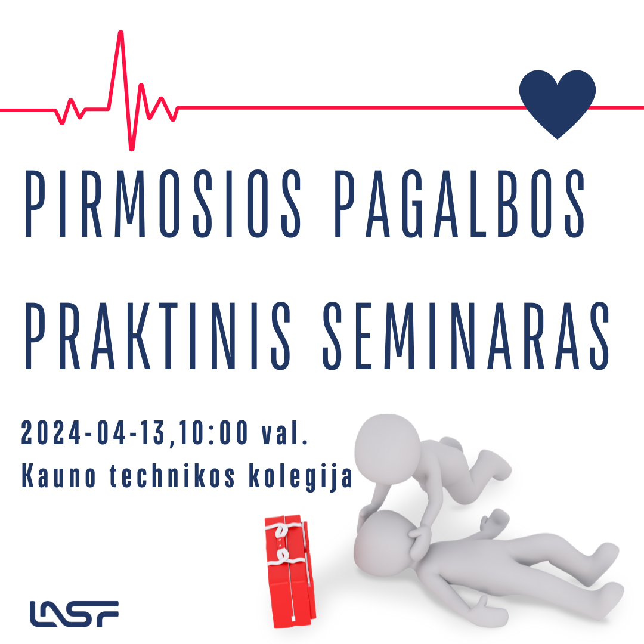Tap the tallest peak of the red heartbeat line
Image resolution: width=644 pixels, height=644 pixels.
click(x=120, y=32)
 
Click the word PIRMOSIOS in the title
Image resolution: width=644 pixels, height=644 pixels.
click(x=163, y=204)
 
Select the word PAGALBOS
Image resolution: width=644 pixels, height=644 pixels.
click(x=459, y=204)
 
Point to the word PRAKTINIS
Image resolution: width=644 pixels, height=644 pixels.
click(x=158, y=336)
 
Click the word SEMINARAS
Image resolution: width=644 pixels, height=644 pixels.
click(x=466, y=336)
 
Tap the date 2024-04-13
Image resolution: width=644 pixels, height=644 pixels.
click(x=93, y=432)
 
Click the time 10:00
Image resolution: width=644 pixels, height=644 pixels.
click(x=213, y=432)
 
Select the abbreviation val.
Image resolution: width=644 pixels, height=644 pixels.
click(x=284, y=432)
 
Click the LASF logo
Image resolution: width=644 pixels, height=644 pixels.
click(x=74, y=614)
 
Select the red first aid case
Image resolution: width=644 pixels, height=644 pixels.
click(x=290, y=571)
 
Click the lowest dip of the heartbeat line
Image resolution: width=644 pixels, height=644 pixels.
click(x=131, y=148)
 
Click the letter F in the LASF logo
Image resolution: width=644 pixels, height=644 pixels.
click(x=107, y=614)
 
